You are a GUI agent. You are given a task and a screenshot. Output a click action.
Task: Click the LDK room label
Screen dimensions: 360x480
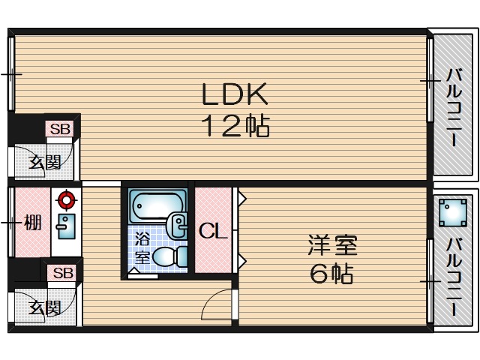click(x=233, y=95)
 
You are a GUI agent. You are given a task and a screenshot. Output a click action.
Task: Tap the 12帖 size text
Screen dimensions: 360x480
click(x=234, y=125)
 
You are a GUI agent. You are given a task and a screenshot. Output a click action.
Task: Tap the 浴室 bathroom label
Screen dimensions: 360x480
click(x=142, y=248)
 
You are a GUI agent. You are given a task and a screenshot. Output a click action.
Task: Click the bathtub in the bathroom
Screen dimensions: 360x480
click(x=157, y=205)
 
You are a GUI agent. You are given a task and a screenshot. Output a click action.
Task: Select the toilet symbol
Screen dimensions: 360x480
click(x=170, y=257)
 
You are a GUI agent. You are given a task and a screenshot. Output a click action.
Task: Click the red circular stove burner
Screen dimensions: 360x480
click(x=67, y=199)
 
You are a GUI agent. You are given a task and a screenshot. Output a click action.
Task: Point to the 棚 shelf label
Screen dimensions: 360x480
click(x=31, y=223)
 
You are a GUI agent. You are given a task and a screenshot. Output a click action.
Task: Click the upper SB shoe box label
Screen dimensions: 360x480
click(x=60, y=129)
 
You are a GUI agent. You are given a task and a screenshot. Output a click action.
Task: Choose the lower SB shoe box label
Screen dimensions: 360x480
click(x=63, y=273)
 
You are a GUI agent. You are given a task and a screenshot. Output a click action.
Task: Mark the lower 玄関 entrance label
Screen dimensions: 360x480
click(x=45, y=307)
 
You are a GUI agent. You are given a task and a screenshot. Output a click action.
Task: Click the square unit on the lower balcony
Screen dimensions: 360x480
click(x=451, y=211)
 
